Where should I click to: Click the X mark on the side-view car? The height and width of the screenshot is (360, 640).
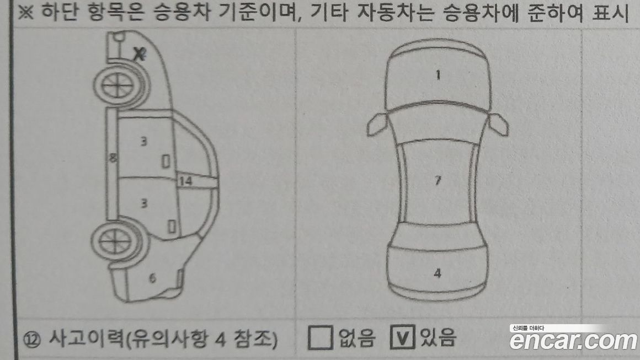click(x=140, y=53)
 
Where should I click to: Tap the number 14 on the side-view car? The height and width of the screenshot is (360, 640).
click(x=185, y=181)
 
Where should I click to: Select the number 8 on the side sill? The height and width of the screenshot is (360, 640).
click(x=113, y=157)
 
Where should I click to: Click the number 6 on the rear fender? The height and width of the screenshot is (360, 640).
click(x=152, y=278)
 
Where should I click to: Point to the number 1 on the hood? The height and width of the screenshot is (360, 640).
click(x=438, y=75)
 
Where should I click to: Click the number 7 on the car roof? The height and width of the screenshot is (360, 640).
click(x=438, y=180)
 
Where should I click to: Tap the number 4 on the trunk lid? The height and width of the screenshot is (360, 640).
click(x=438, y=273)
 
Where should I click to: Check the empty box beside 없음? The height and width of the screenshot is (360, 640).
click(x=320, y=337)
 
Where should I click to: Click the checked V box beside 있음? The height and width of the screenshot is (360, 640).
click(x=402, y=337)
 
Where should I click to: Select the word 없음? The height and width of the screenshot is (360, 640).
click(x=356, y=337)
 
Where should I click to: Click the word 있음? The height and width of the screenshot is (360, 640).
click(x=438, y=337)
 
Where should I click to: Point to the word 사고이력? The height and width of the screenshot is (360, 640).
click(x=86, y=338)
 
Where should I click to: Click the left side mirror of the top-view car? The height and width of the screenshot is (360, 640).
click(x=377, y=125)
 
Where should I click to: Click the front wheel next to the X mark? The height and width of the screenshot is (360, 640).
click(x=119, y=86)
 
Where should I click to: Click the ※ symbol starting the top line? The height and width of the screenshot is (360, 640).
click(x=25, y=12)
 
